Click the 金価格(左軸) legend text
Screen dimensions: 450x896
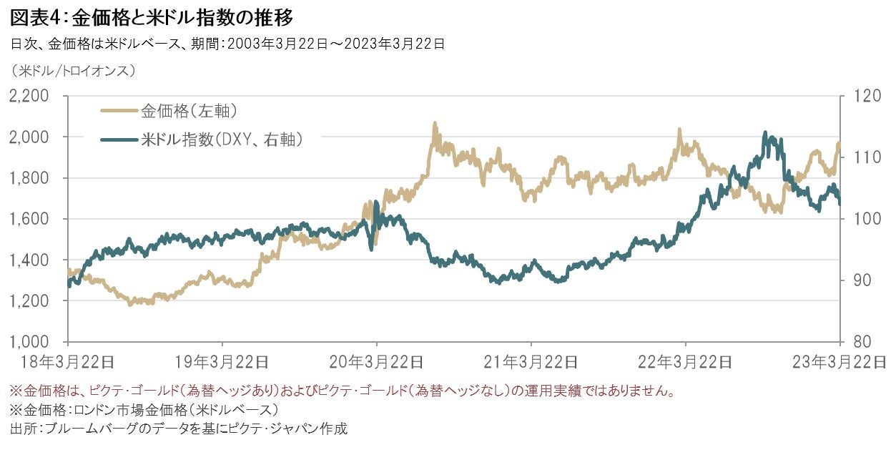pyautogui.click(x=189, y=111)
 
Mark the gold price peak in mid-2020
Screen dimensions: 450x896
pyautogui.click(x=434, y=124)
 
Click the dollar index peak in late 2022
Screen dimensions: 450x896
pyautogui.click(x=766, y=134)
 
